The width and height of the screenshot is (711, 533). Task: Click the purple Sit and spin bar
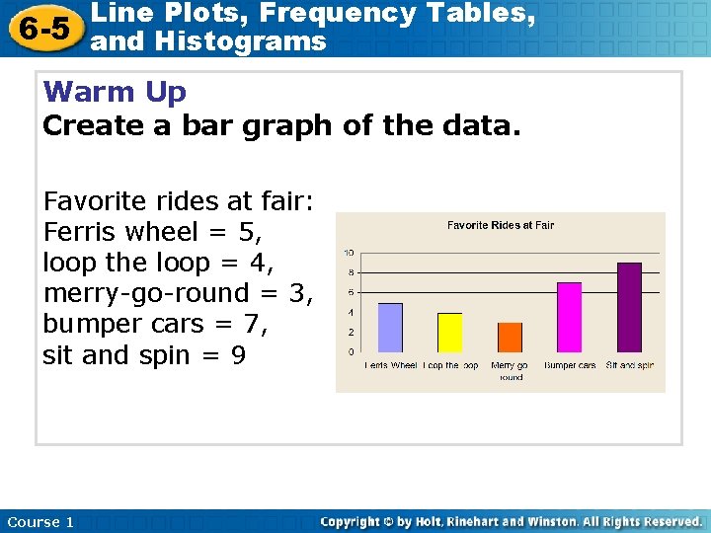click(629, 307)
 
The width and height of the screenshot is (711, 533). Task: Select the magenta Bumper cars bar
click(570, 317)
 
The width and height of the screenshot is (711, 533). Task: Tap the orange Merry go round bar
click(510, 337)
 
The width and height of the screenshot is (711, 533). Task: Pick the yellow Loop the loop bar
click(449, 332)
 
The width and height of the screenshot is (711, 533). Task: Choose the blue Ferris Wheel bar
click(390, 327)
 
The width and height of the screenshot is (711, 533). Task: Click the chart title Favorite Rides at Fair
click(501, 225)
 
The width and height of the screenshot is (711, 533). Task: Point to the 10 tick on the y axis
click(350, 253)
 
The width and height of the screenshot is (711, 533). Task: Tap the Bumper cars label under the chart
click(570, 366)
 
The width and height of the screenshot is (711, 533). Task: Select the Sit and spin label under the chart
click(630, 366)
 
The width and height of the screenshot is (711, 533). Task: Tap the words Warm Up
click(116, 93)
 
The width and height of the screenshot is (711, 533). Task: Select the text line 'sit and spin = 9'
click(144, 354)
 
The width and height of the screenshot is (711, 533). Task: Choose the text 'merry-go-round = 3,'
click(178, 293)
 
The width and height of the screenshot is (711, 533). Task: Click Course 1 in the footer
click(40, 521)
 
